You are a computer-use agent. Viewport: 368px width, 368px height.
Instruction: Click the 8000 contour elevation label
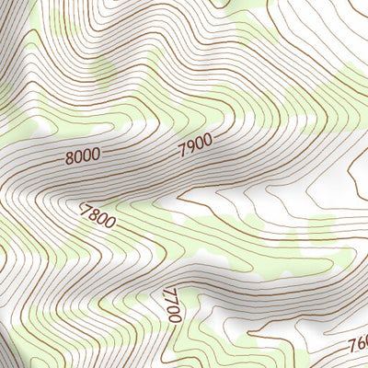84,155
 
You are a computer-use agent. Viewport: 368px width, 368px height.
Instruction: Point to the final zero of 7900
207,138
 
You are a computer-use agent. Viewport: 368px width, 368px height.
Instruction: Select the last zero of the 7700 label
172,316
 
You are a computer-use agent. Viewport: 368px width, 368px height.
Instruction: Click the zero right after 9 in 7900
199,141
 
